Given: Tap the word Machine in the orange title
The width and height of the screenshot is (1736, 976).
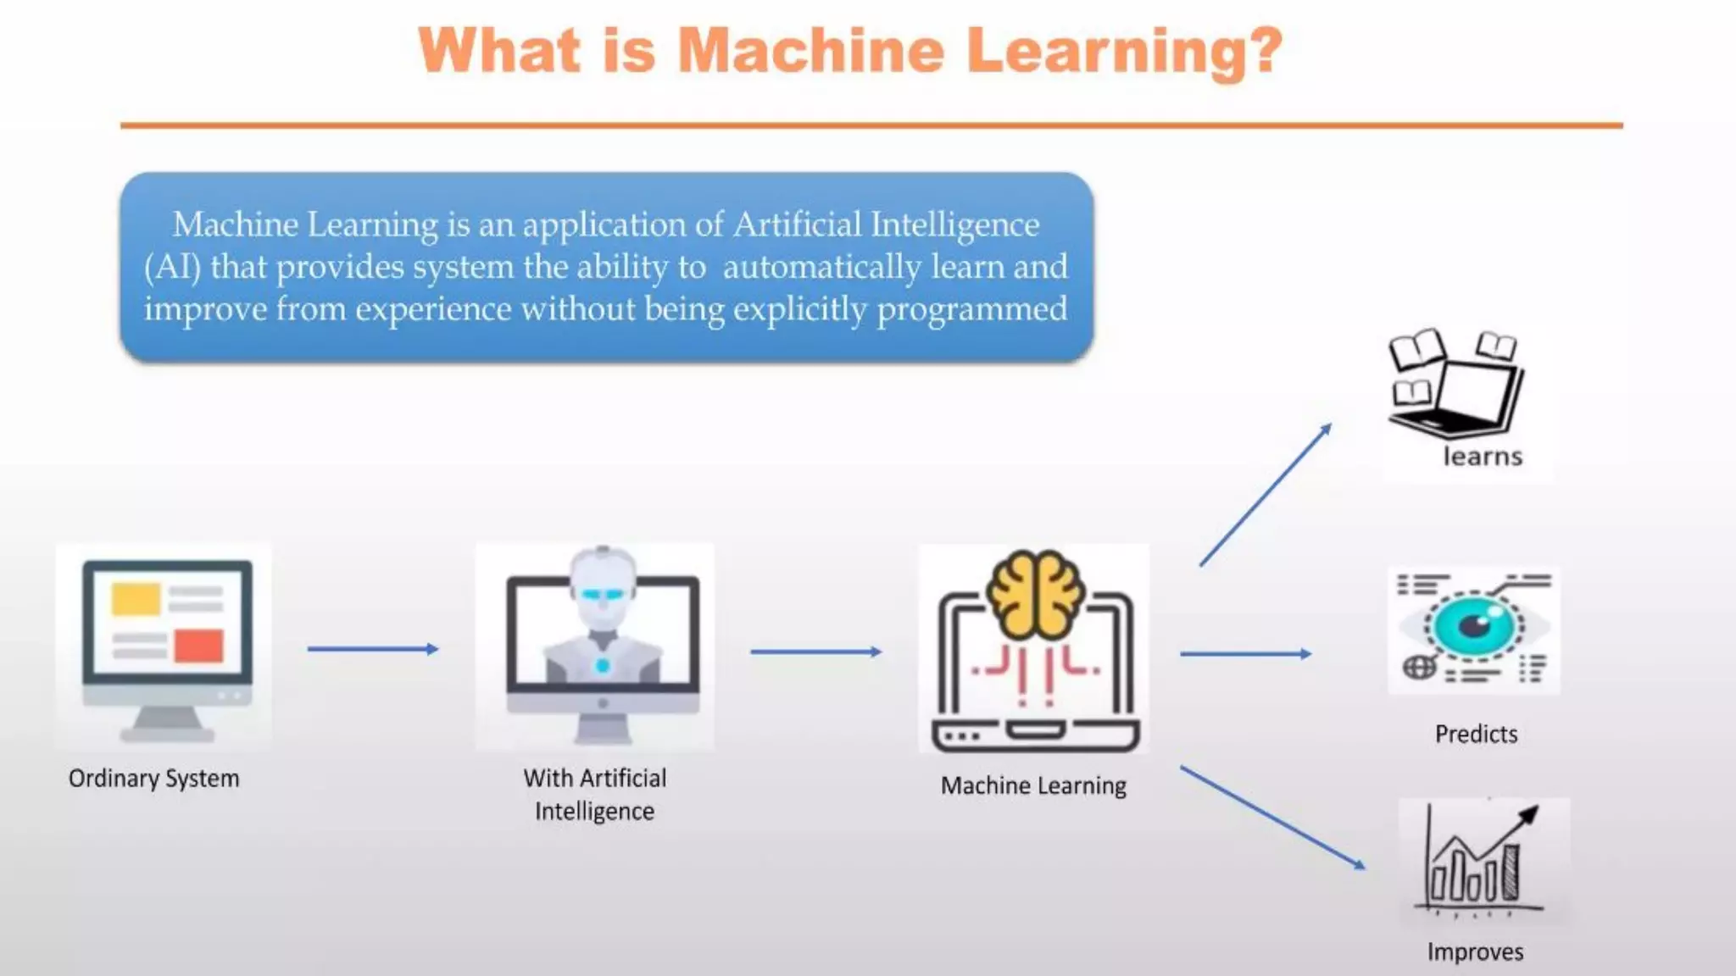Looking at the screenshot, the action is [811, 51].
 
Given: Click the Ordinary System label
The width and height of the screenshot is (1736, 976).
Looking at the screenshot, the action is [154, 779].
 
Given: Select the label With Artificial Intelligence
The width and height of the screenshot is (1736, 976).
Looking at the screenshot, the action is [595, 795].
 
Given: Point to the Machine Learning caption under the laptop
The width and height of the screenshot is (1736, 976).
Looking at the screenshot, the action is [1033, 786].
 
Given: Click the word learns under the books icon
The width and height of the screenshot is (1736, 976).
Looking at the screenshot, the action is [1483, 457].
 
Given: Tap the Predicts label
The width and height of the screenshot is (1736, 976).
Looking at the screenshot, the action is [1476, 734].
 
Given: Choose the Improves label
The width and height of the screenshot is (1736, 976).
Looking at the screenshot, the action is [1475, 952].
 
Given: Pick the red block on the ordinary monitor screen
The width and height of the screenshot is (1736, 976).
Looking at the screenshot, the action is [199, 646].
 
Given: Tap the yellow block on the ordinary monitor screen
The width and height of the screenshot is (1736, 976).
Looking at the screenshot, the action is [136, 599].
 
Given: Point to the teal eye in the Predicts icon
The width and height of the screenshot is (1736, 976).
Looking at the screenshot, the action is [1475, 627].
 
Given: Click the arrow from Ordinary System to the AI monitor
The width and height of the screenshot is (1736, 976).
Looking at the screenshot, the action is [373, 649].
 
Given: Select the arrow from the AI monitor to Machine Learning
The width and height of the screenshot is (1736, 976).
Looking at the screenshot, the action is [816, 652].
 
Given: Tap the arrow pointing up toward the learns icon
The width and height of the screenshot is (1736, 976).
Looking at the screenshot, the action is [1266, 495].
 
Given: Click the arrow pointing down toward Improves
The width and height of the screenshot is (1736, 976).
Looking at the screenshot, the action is [1272, 817].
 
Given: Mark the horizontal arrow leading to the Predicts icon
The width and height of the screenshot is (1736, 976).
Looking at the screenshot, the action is [1245, 654].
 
